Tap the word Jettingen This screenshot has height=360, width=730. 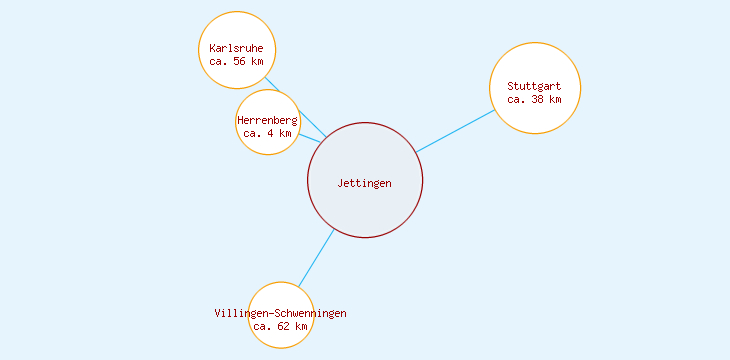click(x=365, y=183)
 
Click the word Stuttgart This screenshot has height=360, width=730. click(x=534, y=86)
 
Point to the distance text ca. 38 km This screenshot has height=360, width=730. click(x=534, y=99)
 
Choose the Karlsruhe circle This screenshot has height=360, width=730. click(x=237, y=30)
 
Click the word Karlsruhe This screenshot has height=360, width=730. click(x=237, y=48)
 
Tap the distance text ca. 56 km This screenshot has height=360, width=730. click(x=237, y=61)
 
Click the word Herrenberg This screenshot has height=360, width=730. click(x=267, y=120)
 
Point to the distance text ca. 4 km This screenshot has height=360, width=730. click(x=267, y=133)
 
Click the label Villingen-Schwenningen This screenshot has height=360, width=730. click(x=280, y=313)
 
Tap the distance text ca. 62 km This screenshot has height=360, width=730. click(x=280, y=326)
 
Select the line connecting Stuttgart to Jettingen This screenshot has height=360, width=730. click(x=456, y=131)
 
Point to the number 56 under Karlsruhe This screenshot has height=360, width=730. click(x=240, y=61)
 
